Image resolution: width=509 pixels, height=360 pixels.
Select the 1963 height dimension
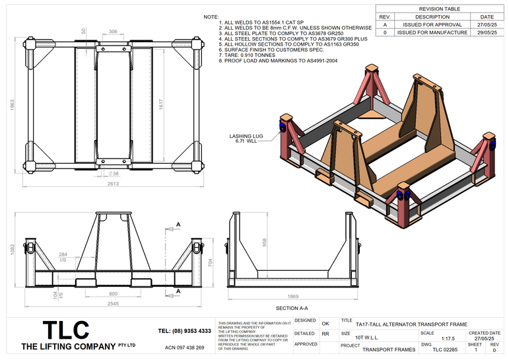[x=12, y=106]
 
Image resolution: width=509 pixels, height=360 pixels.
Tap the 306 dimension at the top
[x=113, y=31]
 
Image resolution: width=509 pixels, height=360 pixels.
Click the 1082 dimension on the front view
[x=12, y=248]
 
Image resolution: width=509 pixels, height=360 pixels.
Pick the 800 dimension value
[x=113, y=293]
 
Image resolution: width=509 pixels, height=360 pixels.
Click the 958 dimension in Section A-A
[x=265, y=241]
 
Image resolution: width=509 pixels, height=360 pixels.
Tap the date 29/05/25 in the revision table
[x=487, y=32]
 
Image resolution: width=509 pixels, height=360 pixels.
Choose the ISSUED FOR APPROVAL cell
[x=432, y=24]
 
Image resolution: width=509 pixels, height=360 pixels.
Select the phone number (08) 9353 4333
[x=185, y=330]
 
